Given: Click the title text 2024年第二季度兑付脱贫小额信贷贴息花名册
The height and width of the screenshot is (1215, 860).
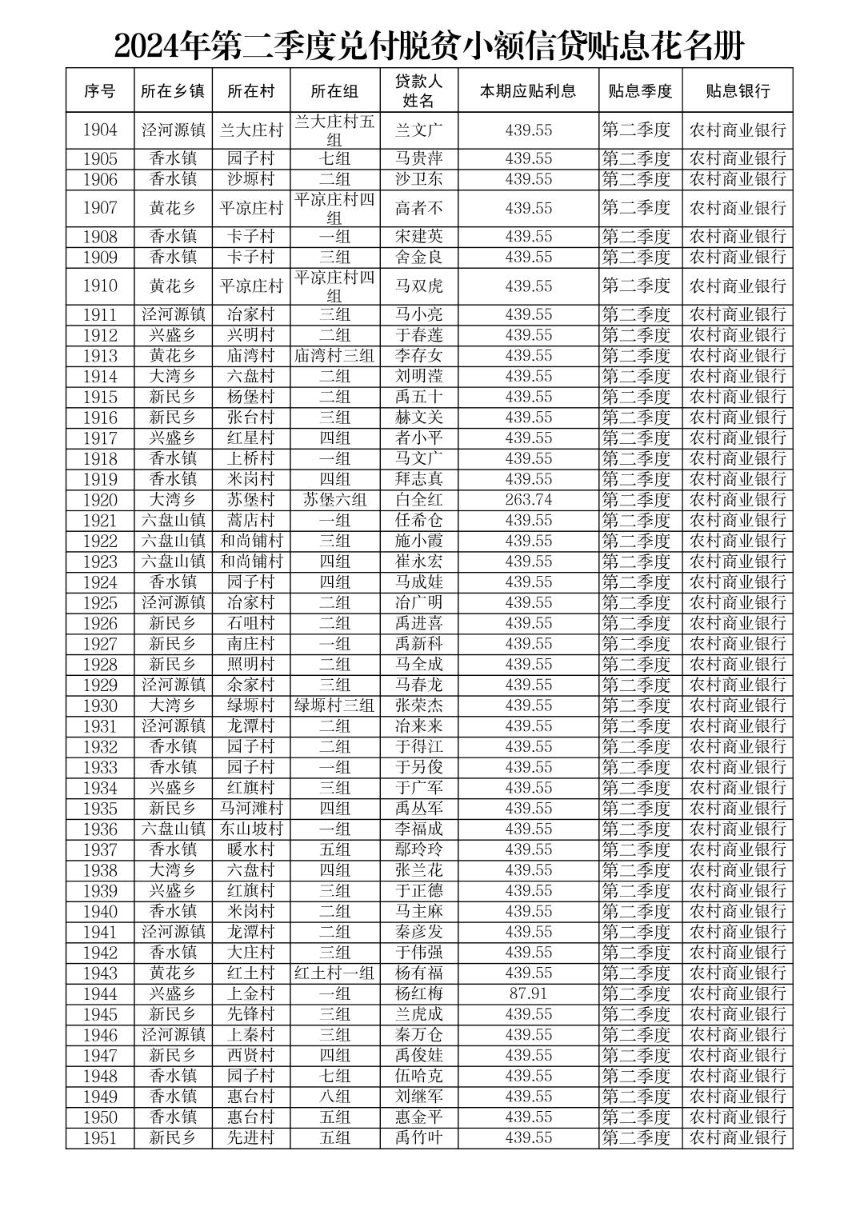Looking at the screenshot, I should coord(430,46).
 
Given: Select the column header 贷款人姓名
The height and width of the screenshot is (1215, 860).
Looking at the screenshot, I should coord(418,90).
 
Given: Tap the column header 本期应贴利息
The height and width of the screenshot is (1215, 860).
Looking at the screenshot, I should coord(528,90).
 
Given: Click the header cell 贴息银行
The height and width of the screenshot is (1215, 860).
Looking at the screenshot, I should coord(737,90).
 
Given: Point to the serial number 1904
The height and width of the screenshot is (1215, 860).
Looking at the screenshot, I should coord(100,130).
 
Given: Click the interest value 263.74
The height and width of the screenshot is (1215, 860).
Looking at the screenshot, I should coord(528,500).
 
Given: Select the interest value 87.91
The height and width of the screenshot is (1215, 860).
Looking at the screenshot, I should coord(528,993).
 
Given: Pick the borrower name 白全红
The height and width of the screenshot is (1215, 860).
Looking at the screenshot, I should coord(418,500).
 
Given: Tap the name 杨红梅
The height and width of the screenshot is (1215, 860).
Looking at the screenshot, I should coord(418,993).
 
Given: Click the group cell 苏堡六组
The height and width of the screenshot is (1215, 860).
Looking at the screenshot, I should coord(334,500).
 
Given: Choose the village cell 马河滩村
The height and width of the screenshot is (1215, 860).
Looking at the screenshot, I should coord(251,809).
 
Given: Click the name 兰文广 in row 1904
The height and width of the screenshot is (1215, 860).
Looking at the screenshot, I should coord(418,130).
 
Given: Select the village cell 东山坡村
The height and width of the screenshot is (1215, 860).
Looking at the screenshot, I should coord(251,829).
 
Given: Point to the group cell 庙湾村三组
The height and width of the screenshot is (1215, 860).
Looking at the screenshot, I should coord(334,356).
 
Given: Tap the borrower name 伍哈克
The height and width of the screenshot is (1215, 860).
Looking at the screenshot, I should coord(418,1076).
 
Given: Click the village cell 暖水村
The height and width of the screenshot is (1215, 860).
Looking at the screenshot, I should coord(251,849).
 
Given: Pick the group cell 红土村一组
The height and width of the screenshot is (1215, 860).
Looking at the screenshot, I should coord(334,973).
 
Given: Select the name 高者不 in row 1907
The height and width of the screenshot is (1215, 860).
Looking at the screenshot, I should coord(418,208).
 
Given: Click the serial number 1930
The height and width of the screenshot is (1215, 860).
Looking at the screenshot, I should coord(100,705).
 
